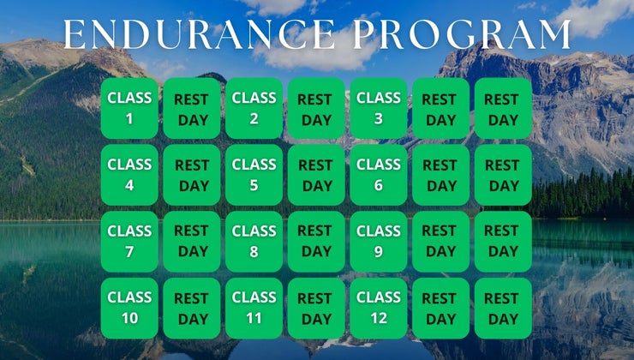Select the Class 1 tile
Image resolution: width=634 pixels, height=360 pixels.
pos(129,108)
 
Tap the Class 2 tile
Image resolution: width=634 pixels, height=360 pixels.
pos(254,108)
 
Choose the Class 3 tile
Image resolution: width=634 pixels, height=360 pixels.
pos(378,108)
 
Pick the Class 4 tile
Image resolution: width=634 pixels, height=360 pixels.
pos(129,175)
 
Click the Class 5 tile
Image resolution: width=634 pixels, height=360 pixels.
pos(254,175)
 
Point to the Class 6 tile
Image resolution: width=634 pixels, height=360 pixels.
pos(378,175)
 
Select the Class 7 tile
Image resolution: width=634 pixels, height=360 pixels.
pos(129,241)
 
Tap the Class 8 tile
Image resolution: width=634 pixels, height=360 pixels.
pos(254,241)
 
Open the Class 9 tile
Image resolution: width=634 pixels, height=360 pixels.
pos(378,241)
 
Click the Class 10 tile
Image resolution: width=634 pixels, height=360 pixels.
pos(129,308)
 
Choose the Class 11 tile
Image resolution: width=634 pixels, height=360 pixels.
pos(254,308)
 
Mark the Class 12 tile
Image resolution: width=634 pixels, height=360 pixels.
pos(378,308)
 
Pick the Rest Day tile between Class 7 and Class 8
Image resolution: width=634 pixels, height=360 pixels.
pos(192,242)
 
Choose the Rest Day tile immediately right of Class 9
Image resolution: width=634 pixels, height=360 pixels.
pos(440,242)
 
